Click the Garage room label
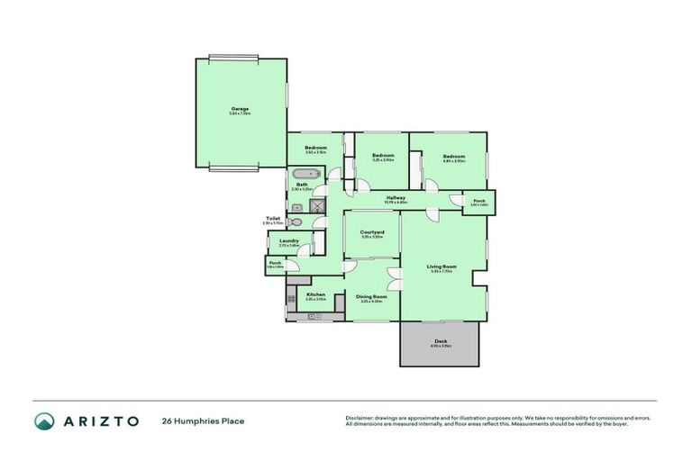(x=240, y=110)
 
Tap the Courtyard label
(x=373, y=232)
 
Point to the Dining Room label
(x=371, y=296)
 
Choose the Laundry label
(x=289, y=240)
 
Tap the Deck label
(x=441, y=341)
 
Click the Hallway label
(x=396, y=197)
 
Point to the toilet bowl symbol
(x=297, y=221)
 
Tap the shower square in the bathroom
(x=317, y=205)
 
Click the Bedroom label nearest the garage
(x=315, y=148)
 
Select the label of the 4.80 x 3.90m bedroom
(x=453, y=157)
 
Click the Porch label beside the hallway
(x=479, y=201)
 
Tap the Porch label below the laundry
(x=275, y=263)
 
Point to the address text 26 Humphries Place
(x=203, y=421)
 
